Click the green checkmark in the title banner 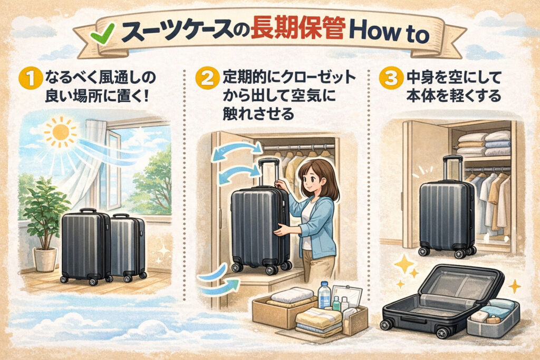(102, 33)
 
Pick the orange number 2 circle (207, 79)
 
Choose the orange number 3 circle (391, 79)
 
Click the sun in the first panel (61, 132)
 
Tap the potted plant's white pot (45, 259)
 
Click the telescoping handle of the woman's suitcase (268, 172)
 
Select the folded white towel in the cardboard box (292, 295)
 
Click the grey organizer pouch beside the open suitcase (493, 317)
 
